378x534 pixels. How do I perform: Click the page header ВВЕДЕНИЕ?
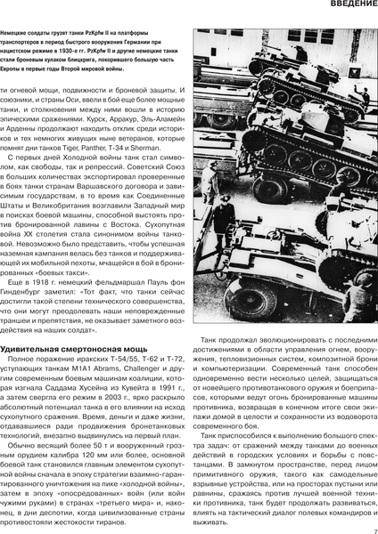342,7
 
